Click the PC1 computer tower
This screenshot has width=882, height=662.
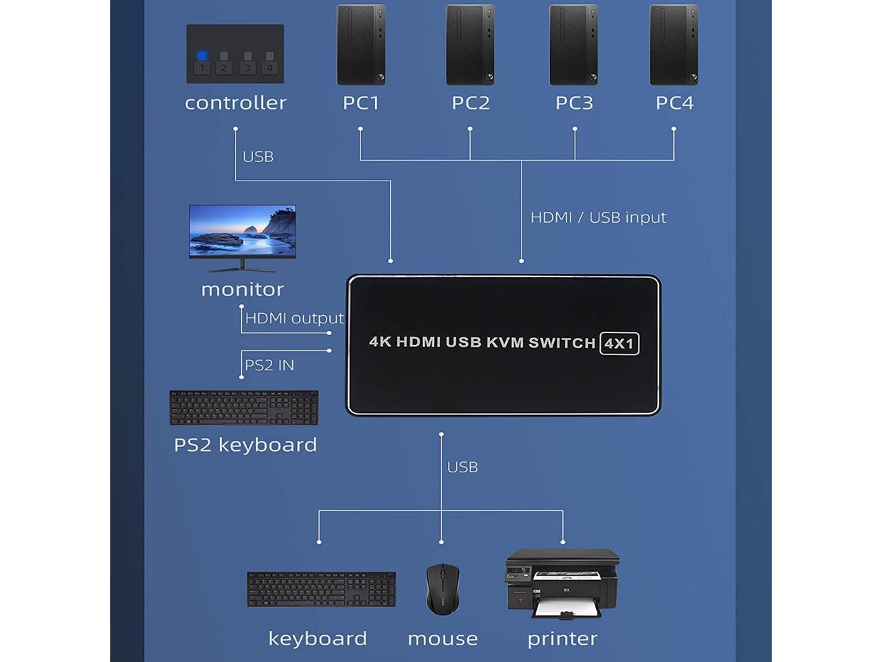(360, 46)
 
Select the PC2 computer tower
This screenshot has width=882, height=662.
(470, 46)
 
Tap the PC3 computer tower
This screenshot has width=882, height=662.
(573, 46)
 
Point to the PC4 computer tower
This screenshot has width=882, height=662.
(674, 46)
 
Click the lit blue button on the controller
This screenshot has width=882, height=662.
(202, 56)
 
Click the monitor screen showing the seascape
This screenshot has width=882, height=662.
(243, 230)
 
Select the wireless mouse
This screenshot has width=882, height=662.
(442, 589)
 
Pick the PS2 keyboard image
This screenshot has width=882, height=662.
(244, 408)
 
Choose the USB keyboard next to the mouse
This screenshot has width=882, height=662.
(321, 590)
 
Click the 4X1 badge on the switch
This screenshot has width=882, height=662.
(619, 343)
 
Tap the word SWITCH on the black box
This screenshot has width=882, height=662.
(562, 343)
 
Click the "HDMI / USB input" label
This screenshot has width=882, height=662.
(598, 217)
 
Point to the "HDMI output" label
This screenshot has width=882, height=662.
(294, 318)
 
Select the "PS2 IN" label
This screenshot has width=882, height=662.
(269, 365)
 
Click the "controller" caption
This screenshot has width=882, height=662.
(236, 103)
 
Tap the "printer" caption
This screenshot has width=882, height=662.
(562, 639)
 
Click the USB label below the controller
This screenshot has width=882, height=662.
(258, 157)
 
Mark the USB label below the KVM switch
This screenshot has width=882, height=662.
(462, 467)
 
